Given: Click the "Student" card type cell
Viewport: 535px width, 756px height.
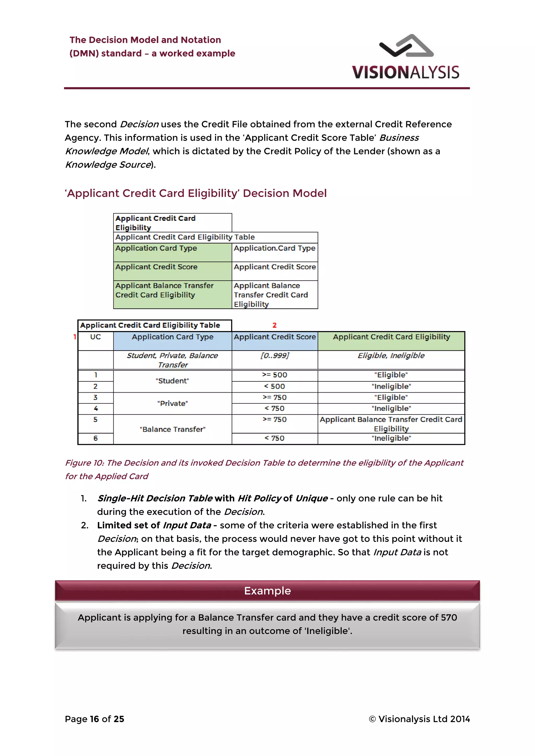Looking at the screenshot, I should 172,381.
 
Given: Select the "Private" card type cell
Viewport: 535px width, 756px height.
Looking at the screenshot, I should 172,403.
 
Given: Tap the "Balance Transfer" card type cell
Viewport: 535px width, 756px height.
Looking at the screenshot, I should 172,429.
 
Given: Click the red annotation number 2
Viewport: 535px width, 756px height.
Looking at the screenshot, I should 274,325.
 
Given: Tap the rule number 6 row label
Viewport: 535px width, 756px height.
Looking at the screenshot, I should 96,438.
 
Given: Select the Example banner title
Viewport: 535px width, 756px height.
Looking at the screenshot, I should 267,591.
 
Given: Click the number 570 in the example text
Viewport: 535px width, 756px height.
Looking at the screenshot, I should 449,617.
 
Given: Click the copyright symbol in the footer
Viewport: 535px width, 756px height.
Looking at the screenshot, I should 372,719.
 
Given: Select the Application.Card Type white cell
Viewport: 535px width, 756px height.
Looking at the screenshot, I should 274,249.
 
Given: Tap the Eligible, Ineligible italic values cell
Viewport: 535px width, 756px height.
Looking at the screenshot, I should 391,356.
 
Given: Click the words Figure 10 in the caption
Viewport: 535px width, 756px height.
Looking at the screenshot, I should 84,463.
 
